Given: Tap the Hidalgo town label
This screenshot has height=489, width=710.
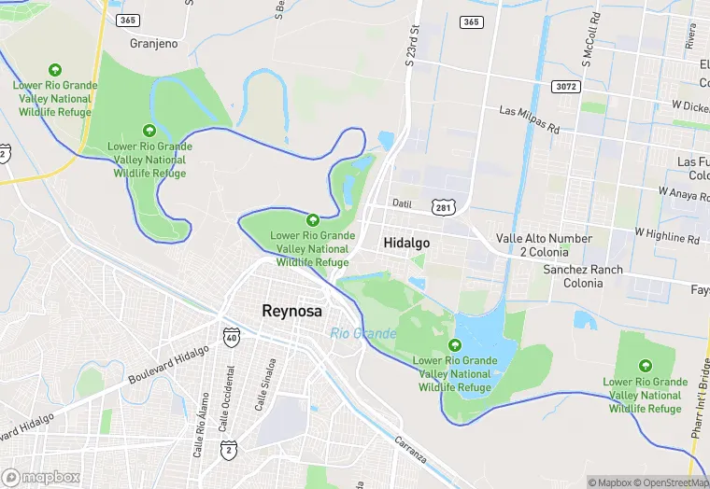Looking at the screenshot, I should pyautogui.click(x=406, y=243).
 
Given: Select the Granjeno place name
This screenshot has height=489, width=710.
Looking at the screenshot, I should pyautogui.click(x=154, y=43).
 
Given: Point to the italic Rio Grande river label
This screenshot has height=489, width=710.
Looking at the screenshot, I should pyautogui.click(x=362, y=333).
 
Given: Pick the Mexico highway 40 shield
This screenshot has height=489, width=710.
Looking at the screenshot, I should pyautogui.click(x=230, y=338).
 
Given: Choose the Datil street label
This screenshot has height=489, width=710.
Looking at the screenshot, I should pyautogui.click(x=402, y=203).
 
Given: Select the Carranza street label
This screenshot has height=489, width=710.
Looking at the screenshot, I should pyautogui.click(x=410, y=453).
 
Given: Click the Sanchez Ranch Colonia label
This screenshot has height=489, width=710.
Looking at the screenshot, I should pyautogui.click(x=583, y=276).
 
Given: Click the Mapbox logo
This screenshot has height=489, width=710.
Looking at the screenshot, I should pyautogui.click(x=41, y=477).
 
